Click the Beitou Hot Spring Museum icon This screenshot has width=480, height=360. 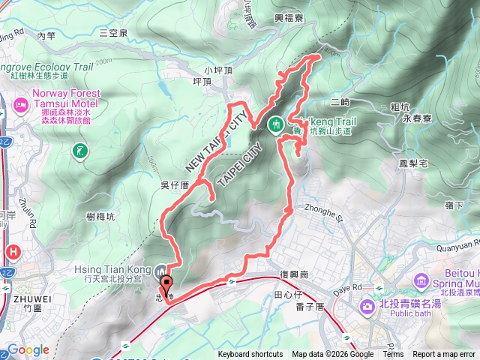pyautogui.click(x=421, y=280)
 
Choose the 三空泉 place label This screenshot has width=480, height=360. pyautogui.click(x=113, y=33)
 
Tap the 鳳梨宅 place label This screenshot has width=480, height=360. pyautogui.click(x=412, y=162)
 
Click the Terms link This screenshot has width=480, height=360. pyautogui.click(x=393, y=355)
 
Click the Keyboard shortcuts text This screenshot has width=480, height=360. pyautogui.click(x=250, y=355)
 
